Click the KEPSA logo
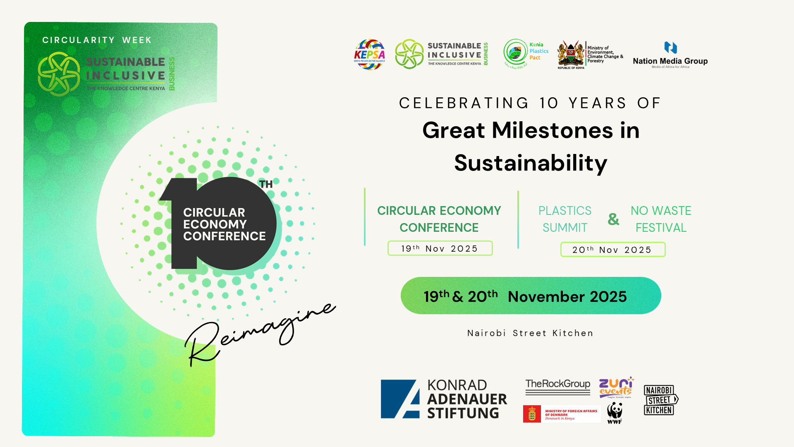(369, 55)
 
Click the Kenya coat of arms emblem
(571, 54)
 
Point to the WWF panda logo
(615, 413)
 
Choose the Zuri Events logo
(616, 387)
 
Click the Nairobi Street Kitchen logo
(660, 400)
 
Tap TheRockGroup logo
(557, 385)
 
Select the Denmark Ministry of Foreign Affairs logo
(561, 414)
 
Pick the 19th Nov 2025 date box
(440, 248)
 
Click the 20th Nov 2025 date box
(612, 250)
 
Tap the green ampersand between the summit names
(613, 219)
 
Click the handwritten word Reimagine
(261, 331)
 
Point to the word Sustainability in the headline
(531, 163)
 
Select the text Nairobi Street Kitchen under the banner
(530, 333)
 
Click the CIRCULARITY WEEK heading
(97, 40)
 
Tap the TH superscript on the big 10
(266, 184)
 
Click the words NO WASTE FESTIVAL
(660, 219)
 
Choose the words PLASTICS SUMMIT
(565, 219)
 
